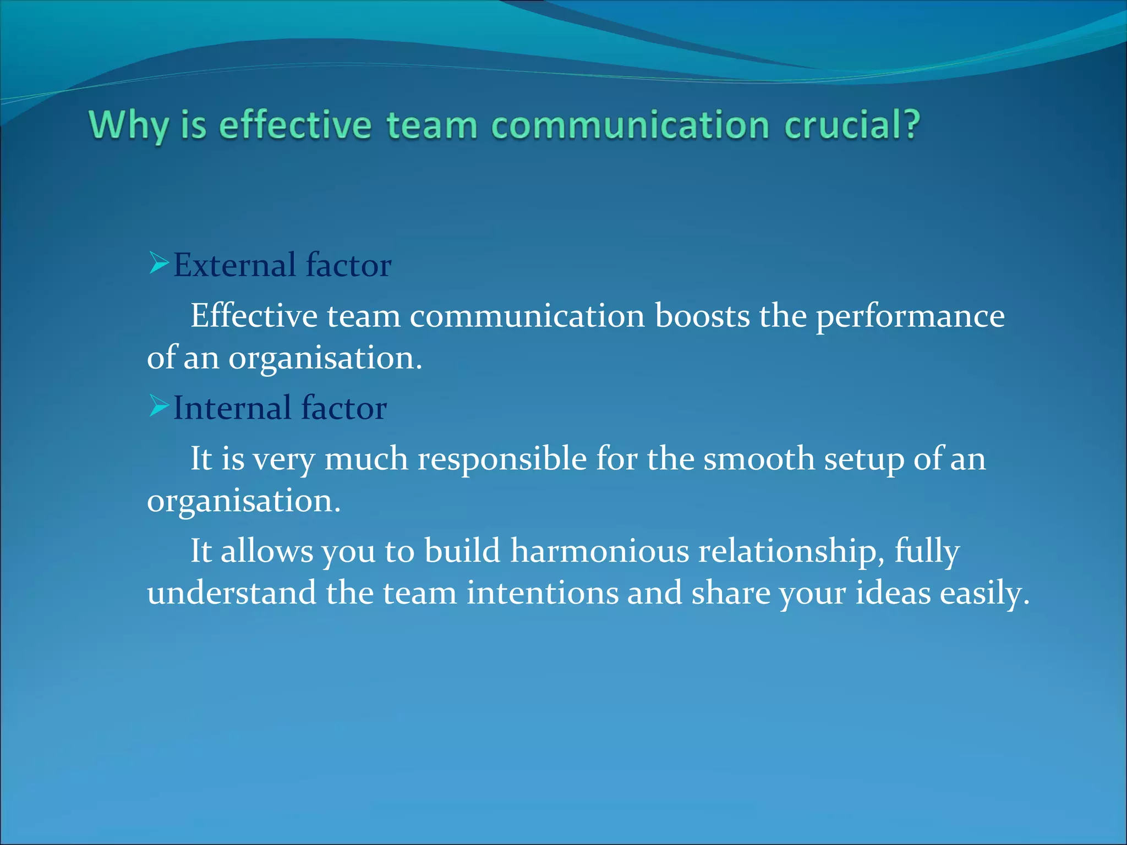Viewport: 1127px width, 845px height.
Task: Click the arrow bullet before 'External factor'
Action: point(158,264)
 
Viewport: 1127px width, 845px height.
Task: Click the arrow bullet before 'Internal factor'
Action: point(158,407)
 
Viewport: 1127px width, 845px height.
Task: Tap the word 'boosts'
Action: point(702,316)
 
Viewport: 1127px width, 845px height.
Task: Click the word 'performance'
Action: point(910,316)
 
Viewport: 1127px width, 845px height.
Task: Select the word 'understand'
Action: point(232,592)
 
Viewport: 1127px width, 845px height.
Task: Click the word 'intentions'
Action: point(542,592)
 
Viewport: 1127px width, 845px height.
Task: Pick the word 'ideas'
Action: point(893,592)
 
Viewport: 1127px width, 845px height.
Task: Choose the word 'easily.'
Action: point(984,592)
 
